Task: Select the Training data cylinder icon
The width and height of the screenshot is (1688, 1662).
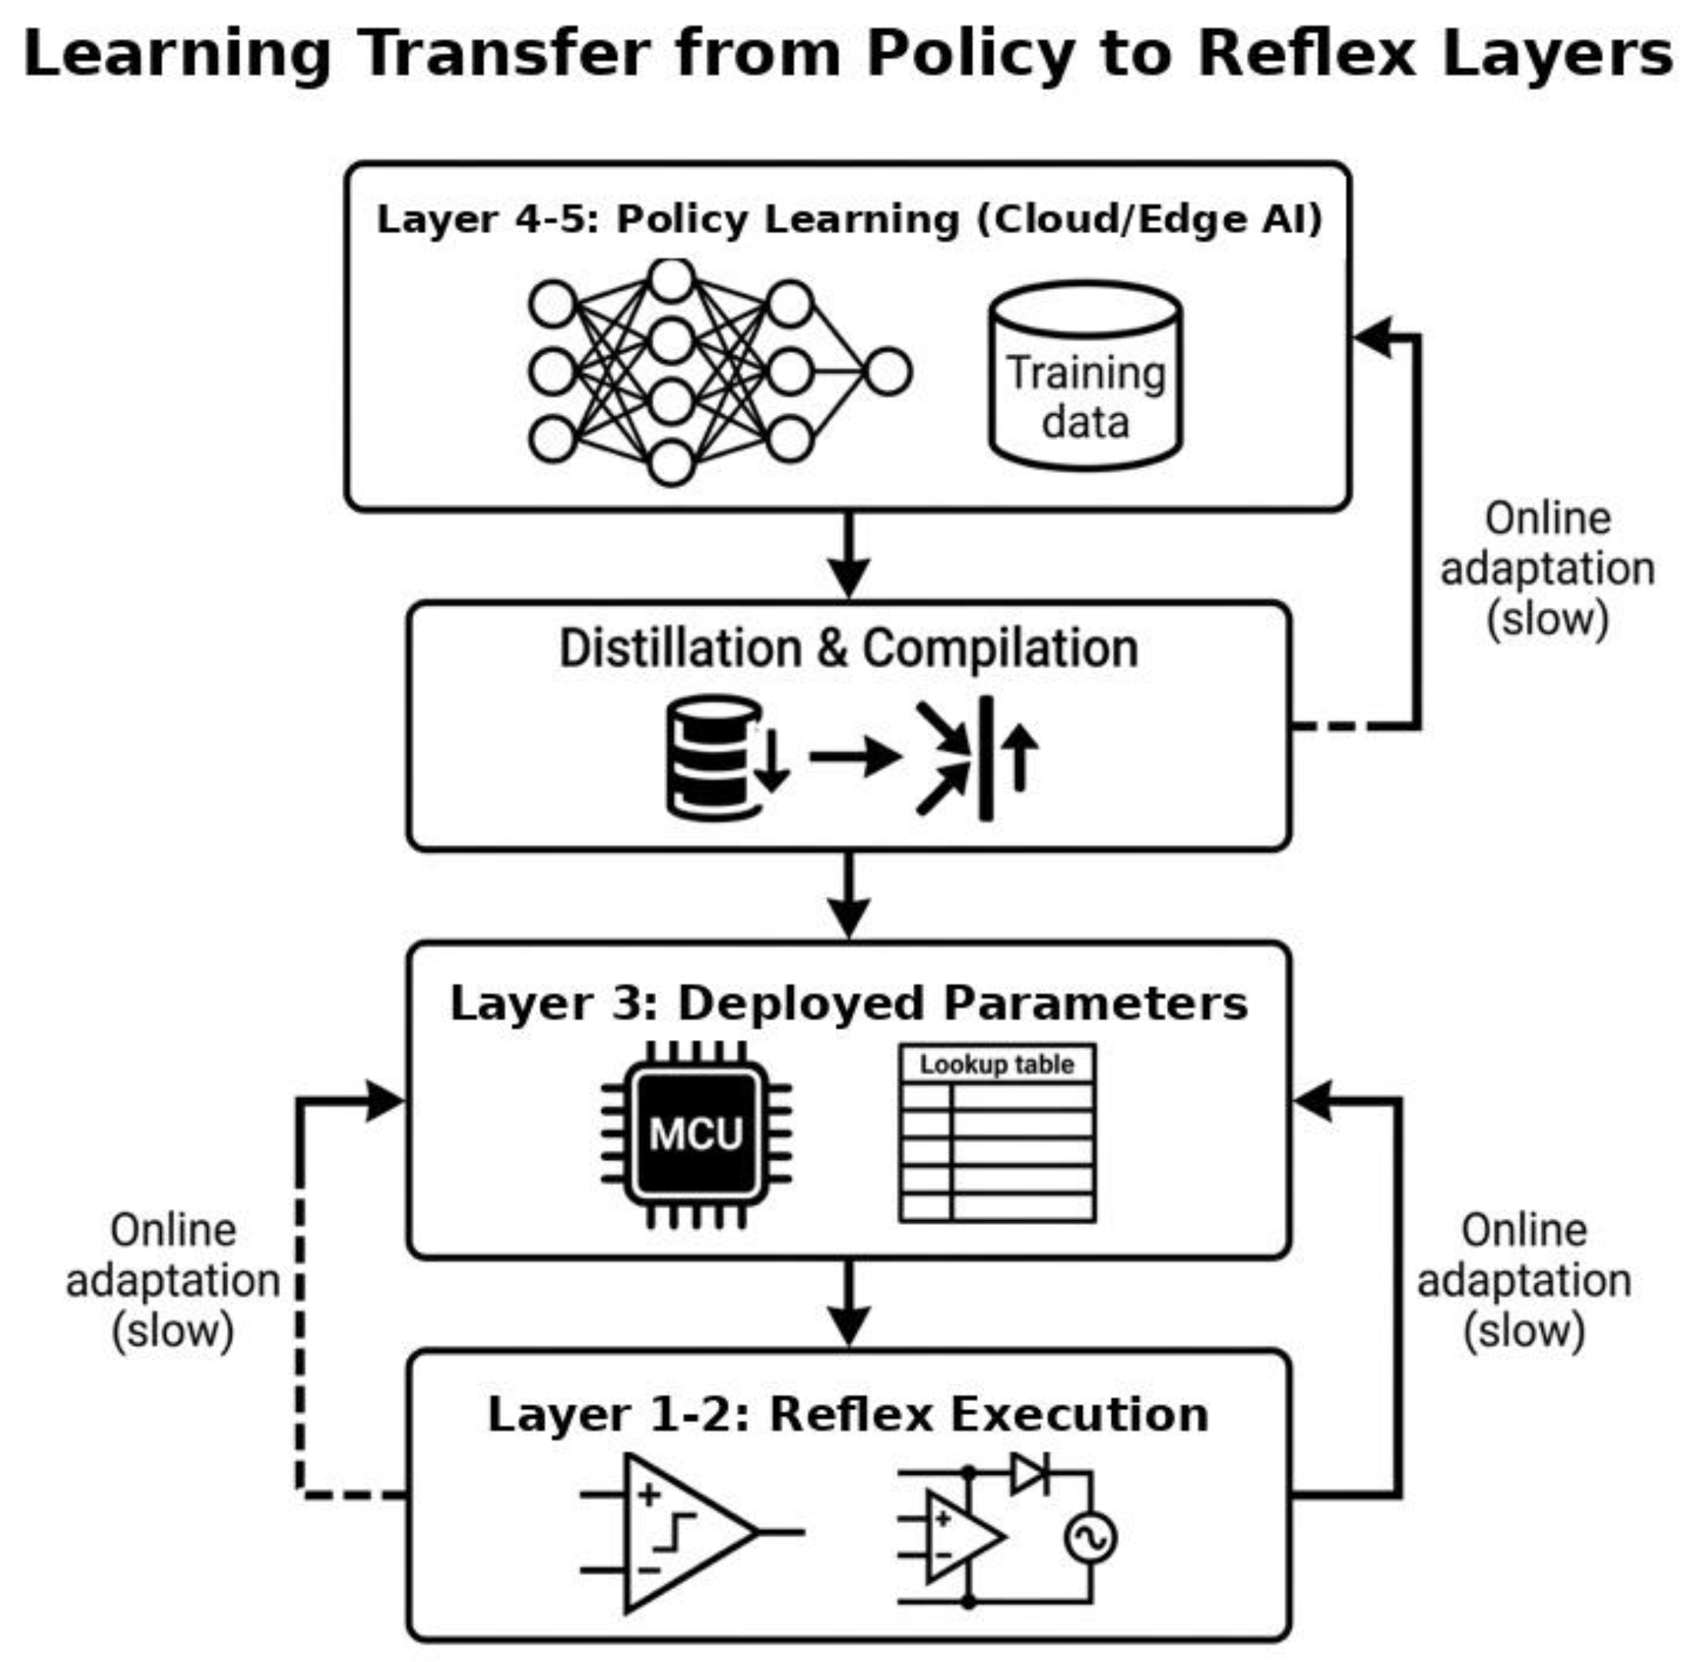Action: (1085, 375)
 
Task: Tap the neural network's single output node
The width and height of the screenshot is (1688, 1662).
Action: (888, 372)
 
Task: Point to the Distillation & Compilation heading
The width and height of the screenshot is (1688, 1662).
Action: (849, 649)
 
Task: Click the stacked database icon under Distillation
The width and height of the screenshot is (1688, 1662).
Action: (715, 757)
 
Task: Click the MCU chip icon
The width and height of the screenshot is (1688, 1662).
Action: (696, 1134)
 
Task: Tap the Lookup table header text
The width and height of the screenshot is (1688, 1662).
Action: (997, 1064)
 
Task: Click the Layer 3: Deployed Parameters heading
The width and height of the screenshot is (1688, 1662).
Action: (849, 1003)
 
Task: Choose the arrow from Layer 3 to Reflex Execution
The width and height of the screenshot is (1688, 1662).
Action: (849, 1303)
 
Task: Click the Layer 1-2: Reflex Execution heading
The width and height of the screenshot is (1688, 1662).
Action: (849, 1414)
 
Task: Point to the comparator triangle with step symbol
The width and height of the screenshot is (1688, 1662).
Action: (689, 1533)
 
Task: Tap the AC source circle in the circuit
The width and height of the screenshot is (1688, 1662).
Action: (1090, 1538)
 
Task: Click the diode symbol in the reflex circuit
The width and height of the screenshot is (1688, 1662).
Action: (1030, 1473)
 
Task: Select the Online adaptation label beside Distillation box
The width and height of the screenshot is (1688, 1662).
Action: (1548, 568)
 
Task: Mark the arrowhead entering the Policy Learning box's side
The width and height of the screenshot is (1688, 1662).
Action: (1373, 336)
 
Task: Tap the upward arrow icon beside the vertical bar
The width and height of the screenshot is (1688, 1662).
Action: (1019, 758)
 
